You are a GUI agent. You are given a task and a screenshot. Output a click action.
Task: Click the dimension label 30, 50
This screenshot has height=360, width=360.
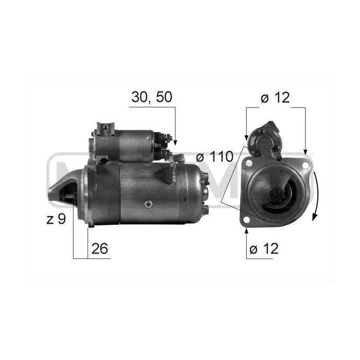(x=151, y=98)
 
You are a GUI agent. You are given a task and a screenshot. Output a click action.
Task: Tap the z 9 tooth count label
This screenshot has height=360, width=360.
(x=56, y=219)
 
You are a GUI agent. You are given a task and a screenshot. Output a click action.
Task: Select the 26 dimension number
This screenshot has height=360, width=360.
(x=100, y=249)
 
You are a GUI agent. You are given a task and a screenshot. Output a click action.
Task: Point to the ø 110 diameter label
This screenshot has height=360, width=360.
(x=214, y=156)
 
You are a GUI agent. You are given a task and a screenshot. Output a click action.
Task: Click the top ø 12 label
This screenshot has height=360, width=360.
(x=275, y=98)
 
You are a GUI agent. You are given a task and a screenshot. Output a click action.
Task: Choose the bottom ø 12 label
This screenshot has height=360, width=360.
(x=263, y=249)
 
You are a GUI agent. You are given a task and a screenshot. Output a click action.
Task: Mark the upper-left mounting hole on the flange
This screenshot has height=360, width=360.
(x=249, y=163)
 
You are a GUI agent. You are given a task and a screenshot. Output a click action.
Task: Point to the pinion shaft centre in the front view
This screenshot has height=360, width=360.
(x=276, y=194)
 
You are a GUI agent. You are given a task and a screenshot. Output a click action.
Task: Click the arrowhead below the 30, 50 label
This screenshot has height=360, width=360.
(x=175, y=140)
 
